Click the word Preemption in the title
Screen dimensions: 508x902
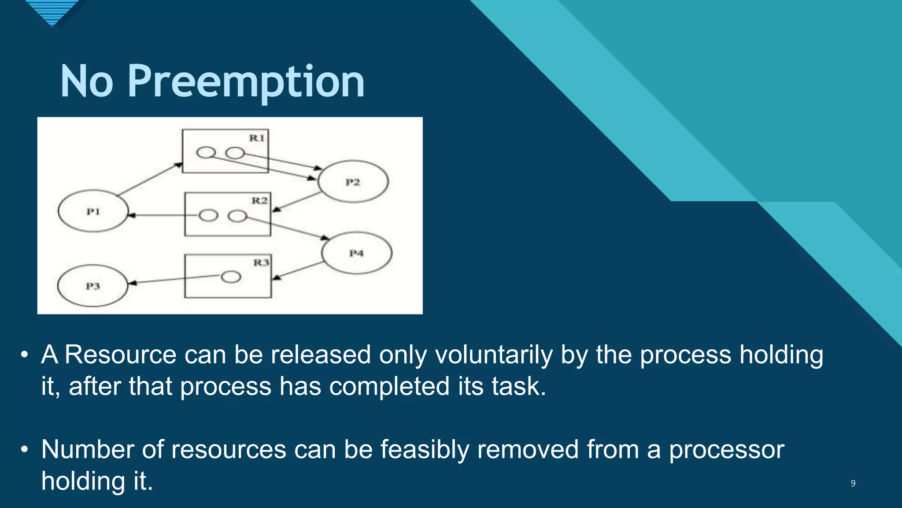(x=246, y=82)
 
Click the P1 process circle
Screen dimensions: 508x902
(x=93, y=211)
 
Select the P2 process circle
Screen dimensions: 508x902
(x=353, y=182)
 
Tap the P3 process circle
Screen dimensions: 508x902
(x=92, y=286)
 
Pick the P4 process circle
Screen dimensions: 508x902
(x=356, y=253)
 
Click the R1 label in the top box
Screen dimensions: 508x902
(x=257, y=138)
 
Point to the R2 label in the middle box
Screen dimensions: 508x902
(x=259, y=201)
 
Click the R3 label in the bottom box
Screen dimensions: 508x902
(x=261, y=263)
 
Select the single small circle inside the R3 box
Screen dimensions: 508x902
(x=231, y=277)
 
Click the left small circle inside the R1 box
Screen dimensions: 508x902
(x=206, y=153)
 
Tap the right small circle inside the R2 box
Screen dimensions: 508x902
(x=237, y=216)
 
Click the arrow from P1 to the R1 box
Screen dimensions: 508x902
(x=150, y=179)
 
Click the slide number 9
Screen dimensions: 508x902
(x=853, y=483)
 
